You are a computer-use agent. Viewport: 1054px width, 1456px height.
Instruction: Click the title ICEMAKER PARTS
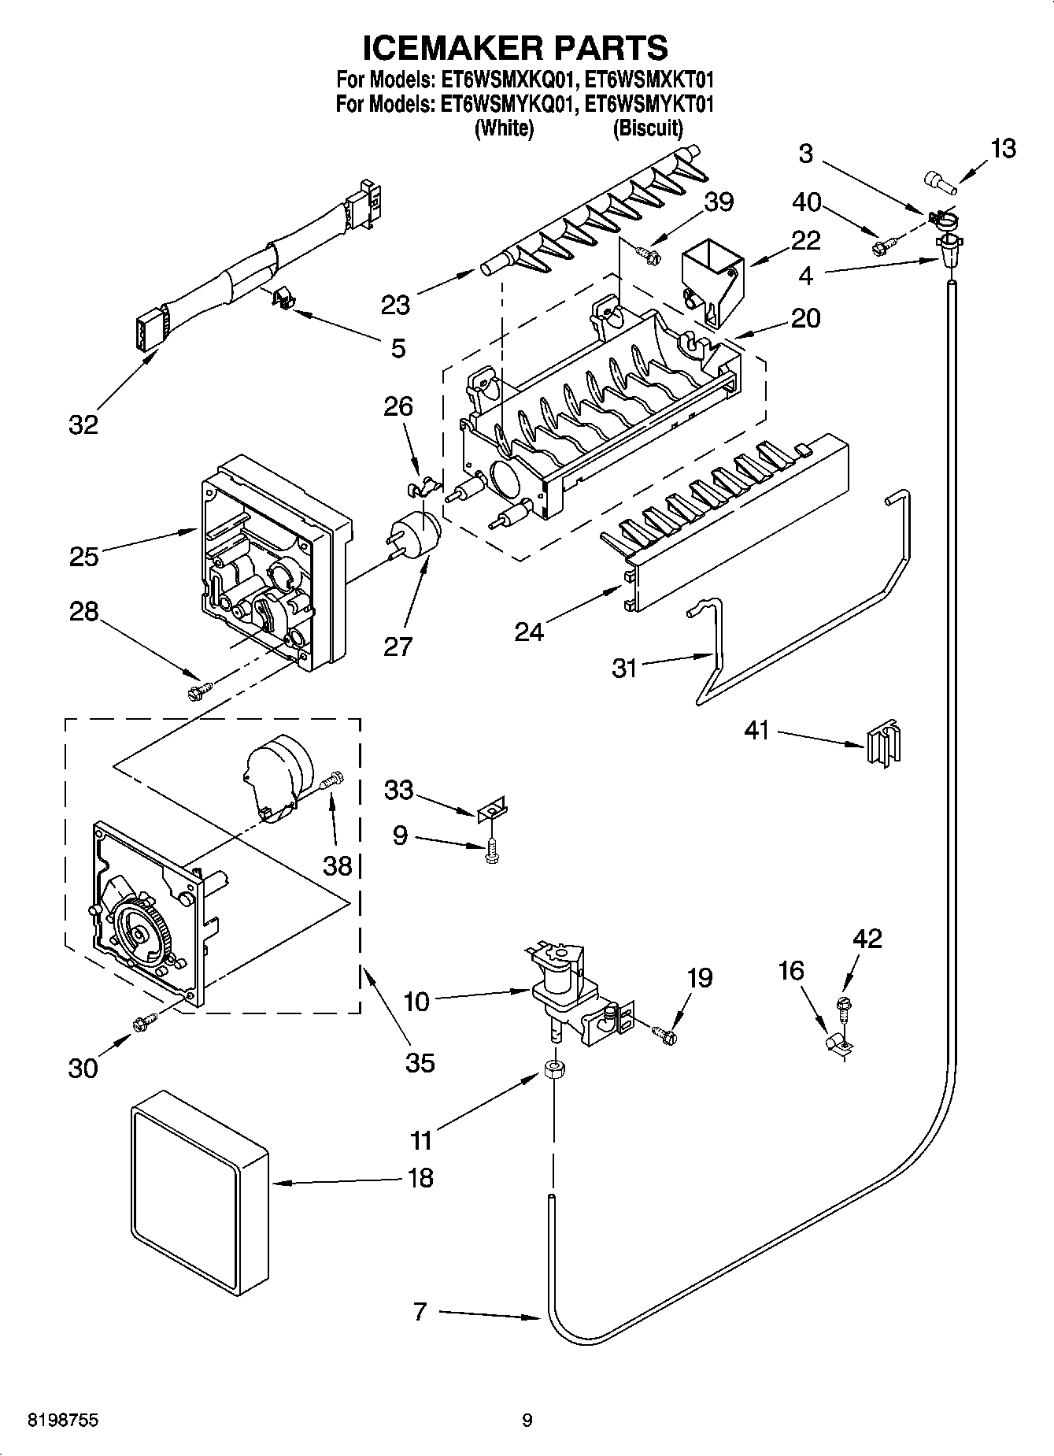515,49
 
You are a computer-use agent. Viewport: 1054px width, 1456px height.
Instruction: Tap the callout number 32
83,424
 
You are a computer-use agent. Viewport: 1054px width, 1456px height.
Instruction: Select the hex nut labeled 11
553,1070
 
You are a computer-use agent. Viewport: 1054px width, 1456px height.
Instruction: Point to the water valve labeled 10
560,993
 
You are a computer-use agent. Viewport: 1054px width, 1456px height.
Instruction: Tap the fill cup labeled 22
711,281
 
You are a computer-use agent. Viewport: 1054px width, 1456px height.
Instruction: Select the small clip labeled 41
883,742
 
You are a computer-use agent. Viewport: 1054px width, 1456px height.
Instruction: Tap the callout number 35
420,1062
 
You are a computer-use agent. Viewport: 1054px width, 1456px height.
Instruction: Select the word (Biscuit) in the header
647,128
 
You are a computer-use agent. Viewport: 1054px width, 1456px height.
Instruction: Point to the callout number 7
420,1311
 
